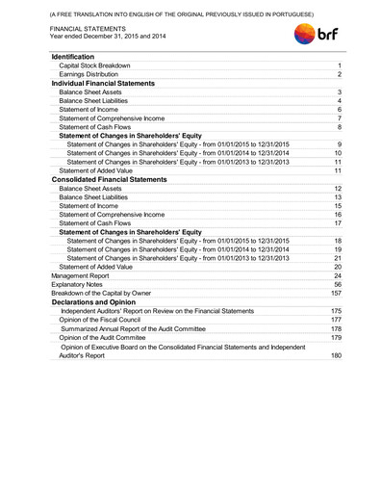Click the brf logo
(x=317, y=35)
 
